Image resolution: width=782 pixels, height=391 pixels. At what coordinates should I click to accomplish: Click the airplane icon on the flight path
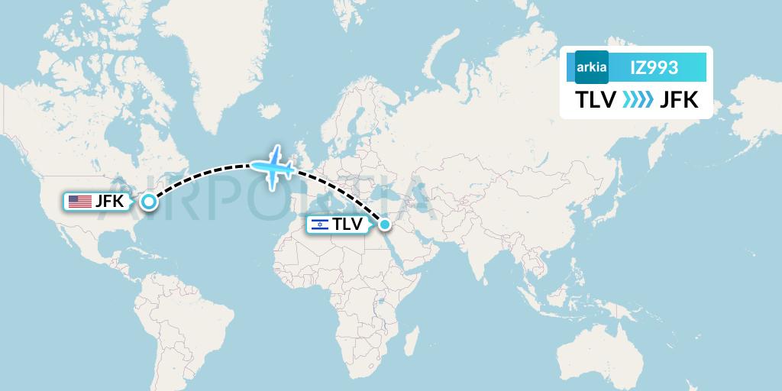(x=273, y=166)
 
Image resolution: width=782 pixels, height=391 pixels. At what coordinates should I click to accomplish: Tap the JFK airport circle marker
(x=148, y=202)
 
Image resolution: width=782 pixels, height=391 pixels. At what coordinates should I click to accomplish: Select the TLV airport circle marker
(x=385, y=224)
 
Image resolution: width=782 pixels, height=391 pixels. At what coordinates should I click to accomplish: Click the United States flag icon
(x=79, y=202)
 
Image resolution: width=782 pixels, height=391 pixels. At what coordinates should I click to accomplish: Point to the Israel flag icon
(x=319, y=225)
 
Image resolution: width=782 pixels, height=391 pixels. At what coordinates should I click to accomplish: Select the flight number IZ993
(x=654, y=68)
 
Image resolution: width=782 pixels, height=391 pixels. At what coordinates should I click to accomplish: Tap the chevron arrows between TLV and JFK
(x=638, y=100)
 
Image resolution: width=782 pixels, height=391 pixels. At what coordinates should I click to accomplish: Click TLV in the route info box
(x=595, y=100)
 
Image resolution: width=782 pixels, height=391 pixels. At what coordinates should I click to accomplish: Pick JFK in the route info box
(x=679, y=100)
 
